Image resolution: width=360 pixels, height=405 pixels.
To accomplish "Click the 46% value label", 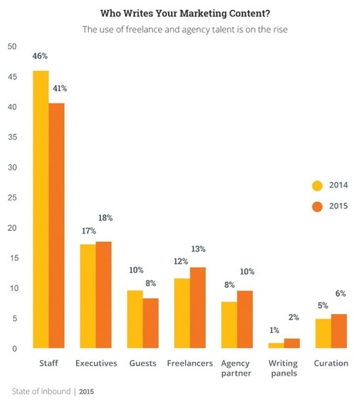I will (x=40, y=56).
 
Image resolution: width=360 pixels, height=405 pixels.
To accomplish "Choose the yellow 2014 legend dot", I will (x=317, y=185).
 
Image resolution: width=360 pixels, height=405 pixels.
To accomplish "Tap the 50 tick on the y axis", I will (x=10, y=47).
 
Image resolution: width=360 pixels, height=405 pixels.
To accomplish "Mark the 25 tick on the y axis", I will (x=10, y=198).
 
